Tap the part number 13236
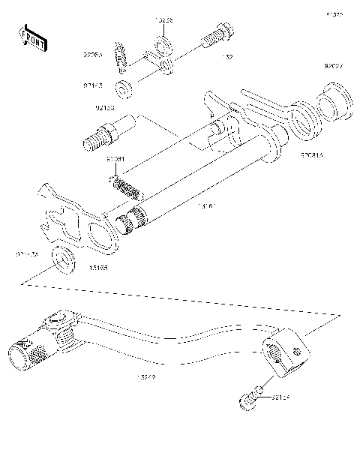tap(164, 20)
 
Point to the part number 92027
tap(334, 66)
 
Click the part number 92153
tap(104, 109)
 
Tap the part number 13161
tap(206, 204)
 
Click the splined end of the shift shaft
tap(130, 223)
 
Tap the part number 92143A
tap(27, 255)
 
